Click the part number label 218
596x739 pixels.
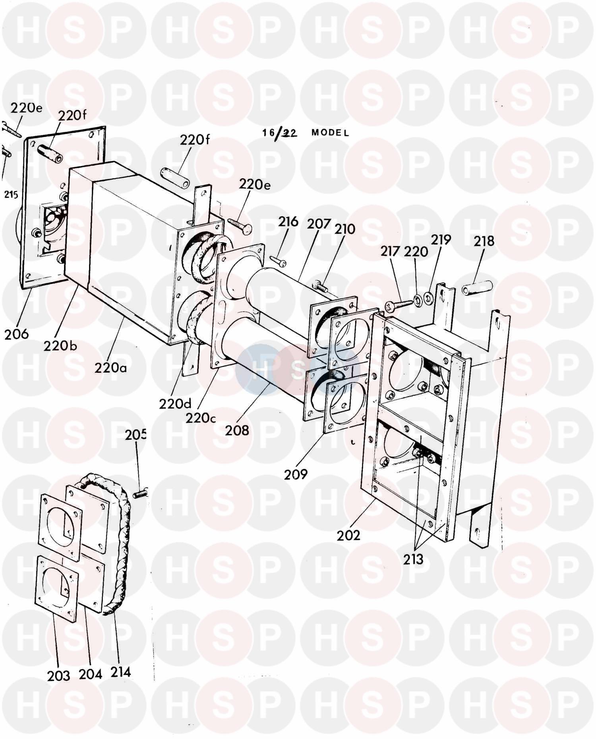point(484,241)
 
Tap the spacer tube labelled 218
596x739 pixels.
point(477,287)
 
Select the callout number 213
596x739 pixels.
point(413,559)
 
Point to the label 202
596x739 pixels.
point(348,535)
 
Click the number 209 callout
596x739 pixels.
point(296,474)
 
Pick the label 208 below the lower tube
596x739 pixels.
point(237,430)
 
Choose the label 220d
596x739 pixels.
point(176,404)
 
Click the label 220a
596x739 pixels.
point(111,368)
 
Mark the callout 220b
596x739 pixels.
point(61,345)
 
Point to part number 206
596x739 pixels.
point(17,334)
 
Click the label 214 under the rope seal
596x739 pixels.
point(120,672)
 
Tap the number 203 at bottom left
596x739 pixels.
point(59,675)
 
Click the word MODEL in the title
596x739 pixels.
point(330,133)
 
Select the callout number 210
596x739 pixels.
point(344,229)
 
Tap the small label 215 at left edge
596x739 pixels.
point(11,195)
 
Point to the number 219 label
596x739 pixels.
point(441,240)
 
